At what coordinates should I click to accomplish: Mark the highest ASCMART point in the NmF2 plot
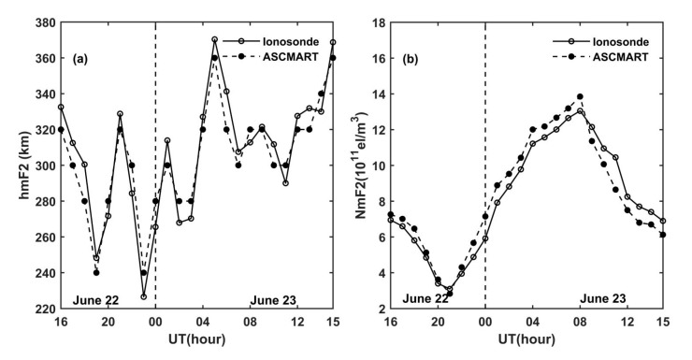coord(580,96)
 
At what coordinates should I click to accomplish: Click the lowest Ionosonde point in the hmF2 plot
coord(143,296)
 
